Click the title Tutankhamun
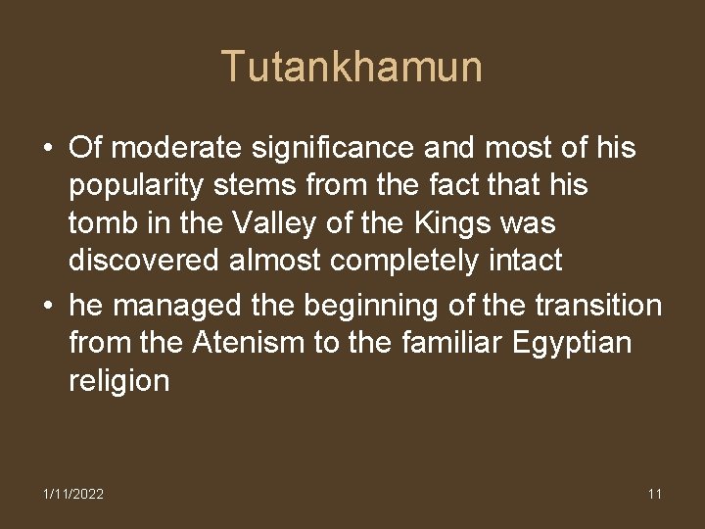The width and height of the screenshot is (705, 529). tap(352, 67)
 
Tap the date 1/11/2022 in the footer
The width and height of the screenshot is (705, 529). tap(73, 494)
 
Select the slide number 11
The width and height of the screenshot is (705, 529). tap(654, 494)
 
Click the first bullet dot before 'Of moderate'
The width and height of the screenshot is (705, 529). tap(47, 149)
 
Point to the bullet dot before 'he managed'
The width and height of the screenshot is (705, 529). tap(47, 307)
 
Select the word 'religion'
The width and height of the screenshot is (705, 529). tap(118, 381)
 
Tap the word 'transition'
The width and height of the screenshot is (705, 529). tap(599, 307)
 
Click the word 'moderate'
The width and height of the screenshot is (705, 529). tap(167, 149)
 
